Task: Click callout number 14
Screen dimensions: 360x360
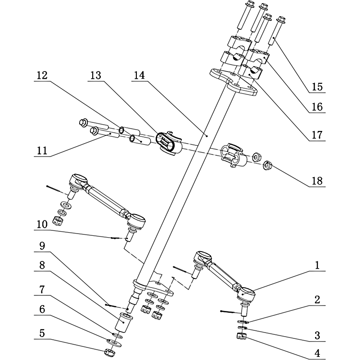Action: coord(139,77)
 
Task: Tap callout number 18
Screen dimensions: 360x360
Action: coord(317,181)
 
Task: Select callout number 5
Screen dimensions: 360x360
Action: coord(42,333)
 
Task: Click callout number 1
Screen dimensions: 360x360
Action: coord(317,266)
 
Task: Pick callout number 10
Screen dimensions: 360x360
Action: coord(42,224)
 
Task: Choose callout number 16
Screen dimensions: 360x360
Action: coord(317,107)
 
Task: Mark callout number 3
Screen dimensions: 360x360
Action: coord(317,335)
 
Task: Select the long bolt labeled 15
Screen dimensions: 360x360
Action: coord(275,36)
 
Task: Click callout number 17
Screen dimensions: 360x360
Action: coord(317,134)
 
